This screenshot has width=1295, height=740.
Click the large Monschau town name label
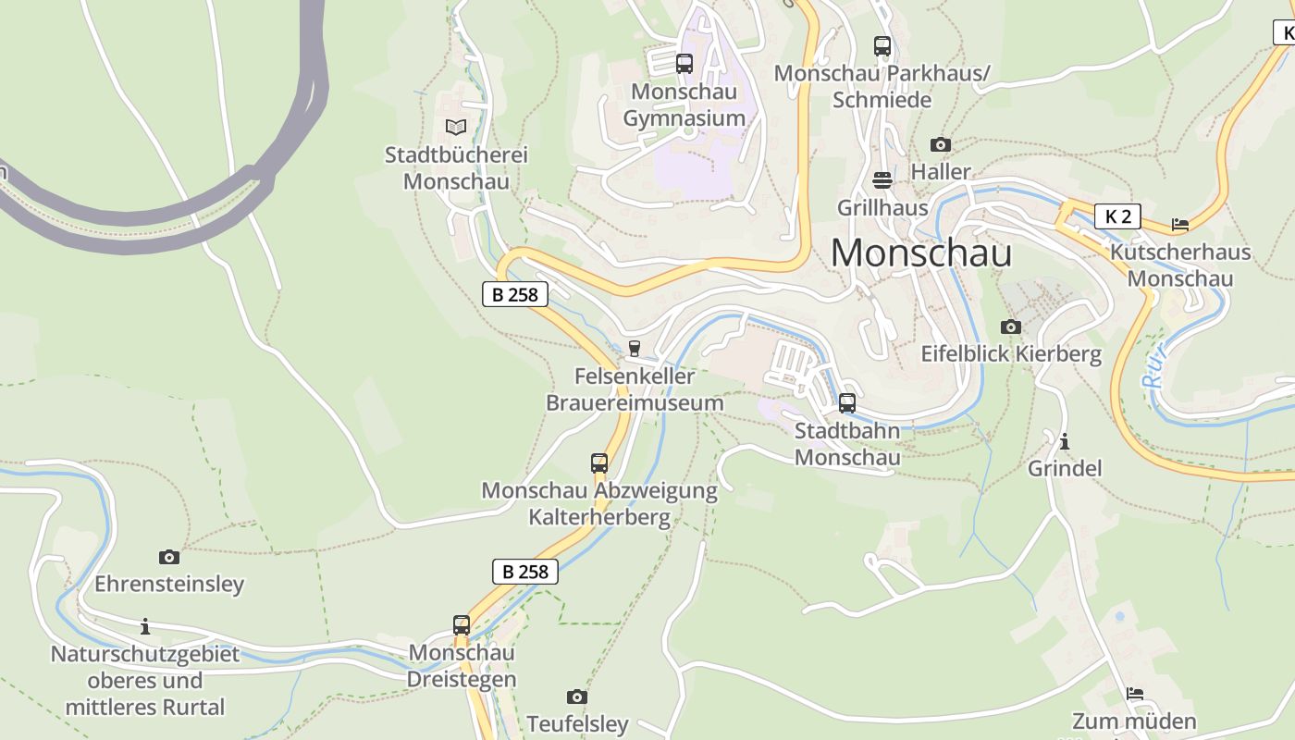pyautogui.click(x=921, y=253)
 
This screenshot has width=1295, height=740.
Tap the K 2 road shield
pyautogui.click(x=1117, y=216)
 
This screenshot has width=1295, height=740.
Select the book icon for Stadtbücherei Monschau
pyautogui.click(x=456, y=127)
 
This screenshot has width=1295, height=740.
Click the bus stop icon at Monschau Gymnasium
pyautogui.click(x=684, y=64)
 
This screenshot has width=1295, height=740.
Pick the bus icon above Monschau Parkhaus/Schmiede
pyautogui.click(x=882, y=45)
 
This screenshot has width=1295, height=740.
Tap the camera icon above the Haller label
pyautogui.click(x=941, y=144)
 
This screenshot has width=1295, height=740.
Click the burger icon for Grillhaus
pyautogui.click(x=882, y=179)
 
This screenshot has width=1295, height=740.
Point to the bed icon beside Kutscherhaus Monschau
pyautogui.click(x=1179, y=224)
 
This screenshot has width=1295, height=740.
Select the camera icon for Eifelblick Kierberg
pyautogui.click(x=1011, y=327)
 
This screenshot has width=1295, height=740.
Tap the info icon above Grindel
pyautogui.click(x=1065, y=441)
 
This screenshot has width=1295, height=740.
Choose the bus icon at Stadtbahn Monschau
pyautogui.click(x=847, y=403)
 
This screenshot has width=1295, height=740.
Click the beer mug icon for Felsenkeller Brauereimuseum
pyautogui.click(x=635, y=349)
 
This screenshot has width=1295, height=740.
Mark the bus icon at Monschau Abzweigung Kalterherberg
pyautogui.click(x=599, y=462)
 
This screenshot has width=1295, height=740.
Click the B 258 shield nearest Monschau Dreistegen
pyautogui.click(x=525, y=572)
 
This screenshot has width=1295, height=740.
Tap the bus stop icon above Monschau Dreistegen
pyautogui.click(x=462, y=625)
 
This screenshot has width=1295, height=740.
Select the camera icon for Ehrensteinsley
pyautogui.click(x=169, y=557)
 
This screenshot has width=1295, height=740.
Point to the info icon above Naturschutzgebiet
pyautogui.click(x=145, y=626)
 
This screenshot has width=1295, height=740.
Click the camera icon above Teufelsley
pyautogui.click(x=577, y=697)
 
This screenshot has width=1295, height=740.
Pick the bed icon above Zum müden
pyautogui.click(x=1135, y=694)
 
